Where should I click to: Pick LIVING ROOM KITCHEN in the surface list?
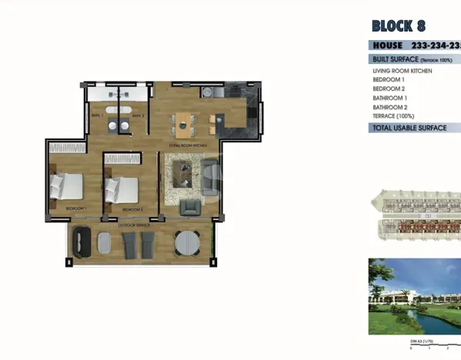click(402, 71)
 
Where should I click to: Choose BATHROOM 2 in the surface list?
click(389, 107)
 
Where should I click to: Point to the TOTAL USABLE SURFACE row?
click(409, 128)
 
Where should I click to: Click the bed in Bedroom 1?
click(68, 185)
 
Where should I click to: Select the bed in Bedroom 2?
click(122, 188)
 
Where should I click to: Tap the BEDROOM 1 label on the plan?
click(75, 209)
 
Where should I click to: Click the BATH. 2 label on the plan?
click(138, 116)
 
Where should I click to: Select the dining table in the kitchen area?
click(184, 120)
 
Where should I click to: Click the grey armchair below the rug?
click(189, 207)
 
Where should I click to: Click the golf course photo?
click(414, 295)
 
